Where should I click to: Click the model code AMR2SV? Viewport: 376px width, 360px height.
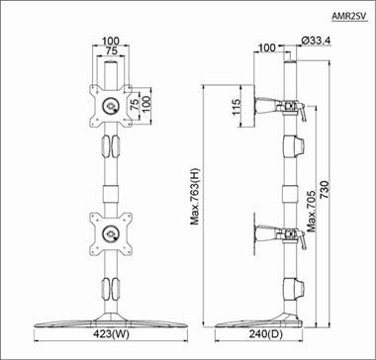click(x=348, y=17)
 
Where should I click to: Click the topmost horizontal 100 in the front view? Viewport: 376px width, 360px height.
click(x=112, y=43)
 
